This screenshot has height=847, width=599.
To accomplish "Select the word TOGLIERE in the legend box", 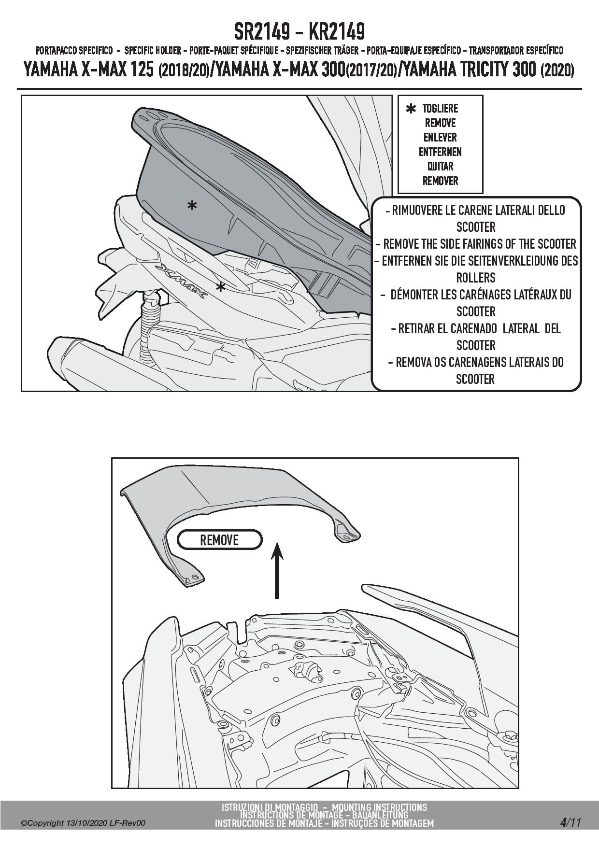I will [x=440, y=109].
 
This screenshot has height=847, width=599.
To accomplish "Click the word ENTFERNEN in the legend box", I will [x=440, y=152].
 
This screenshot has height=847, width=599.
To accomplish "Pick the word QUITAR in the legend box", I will [x=440, y=167].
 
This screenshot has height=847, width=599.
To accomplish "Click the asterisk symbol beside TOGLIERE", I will [x=411, y=110].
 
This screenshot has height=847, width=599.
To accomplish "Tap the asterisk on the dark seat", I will [x=192, y=206].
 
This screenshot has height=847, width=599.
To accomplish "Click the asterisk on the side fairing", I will [x=220, y=287].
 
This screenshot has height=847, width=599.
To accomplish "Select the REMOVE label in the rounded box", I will [x=219, y=540].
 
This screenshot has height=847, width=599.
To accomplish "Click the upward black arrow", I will [x=276, y=570].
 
